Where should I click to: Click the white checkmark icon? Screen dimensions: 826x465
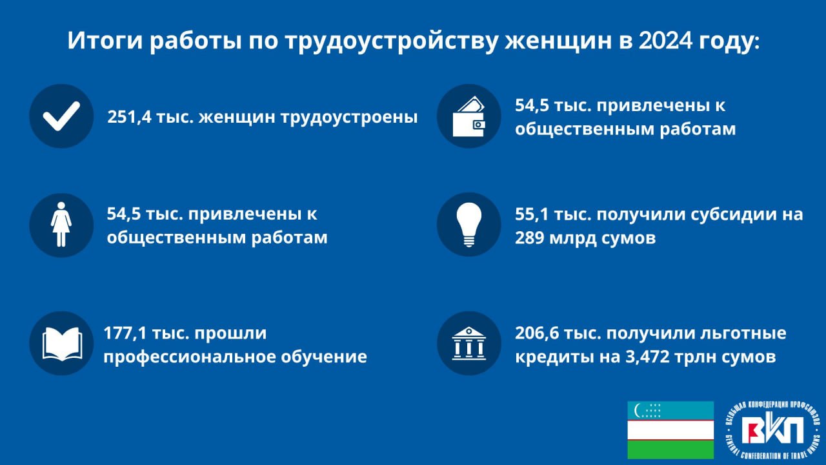61,116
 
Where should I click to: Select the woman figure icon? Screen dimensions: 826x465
61,224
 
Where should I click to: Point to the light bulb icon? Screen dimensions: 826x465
469,224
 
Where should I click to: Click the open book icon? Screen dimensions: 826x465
63,344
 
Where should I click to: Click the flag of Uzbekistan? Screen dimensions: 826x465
670,430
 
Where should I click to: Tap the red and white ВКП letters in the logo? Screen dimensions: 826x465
776,431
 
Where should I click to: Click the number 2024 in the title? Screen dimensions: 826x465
665,41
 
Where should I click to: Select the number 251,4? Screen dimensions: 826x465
128,118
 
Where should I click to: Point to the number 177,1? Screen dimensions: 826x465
125,333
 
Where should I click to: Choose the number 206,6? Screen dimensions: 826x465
537,333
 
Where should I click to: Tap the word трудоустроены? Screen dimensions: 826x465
349,118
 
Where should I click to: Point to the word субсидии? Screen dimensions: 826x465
733,215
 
